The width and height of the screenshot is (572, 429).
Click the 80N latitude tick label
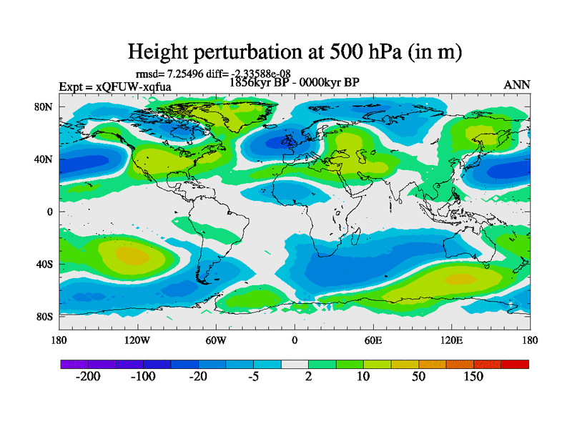point(45,107)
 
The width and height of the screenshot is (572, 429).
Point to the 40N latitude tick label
point(45,159)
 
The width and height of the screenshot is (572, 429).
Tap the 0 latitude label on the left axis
point(50,212)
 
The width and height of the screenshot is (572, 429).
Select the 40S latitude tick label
point(45,264)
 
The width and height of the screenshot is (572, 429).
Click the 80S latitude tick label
point(45,316)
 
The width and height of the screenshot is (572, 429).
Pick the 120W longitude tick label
point(137,340)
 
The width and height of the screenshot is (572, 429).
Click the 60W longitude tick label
point(216,340)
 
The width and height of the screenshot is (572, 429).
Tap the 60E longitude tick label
point(373,340)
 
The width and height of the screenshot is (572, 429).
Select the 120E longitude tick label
point(452,340)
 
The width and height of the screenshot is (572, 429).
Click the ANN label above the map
point(517,84)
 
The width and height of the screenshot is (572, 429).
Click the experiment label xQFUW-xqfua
point(114,87)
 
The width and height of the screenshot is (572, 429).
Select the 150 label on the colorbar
point(473,377)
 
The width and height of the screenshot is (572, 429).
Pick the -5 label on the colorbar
point(252,377)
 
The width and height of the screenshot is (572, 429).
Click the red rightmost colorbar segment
point(515,365)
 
